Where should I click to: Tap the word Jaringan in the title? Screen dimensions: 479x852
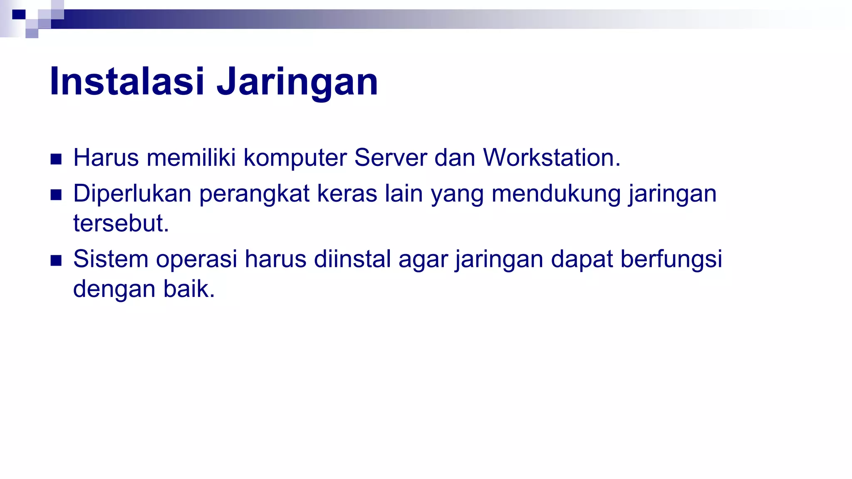[x=297, y=81]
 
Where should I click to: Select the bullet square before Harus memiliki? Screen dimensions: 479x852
[x=56, y=159]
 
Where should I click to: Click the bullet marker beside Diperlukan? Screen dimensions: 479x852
[x=56, y=195]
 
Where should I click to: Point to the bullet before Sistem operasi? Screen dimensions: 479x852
[x=56, y=261]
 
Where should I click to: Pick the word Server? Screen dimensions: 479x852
[x=390, y=158]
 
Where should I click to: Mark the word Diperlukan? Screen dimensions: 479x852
[x=132, y=194]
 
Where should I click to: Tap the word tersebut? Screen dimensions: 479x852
[x=121, y=223]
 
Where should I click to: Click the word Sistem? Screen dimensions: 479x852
[x=111, y=259]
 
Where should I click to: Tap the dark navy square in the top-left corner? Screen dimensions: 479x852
[x=19, y=15]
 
